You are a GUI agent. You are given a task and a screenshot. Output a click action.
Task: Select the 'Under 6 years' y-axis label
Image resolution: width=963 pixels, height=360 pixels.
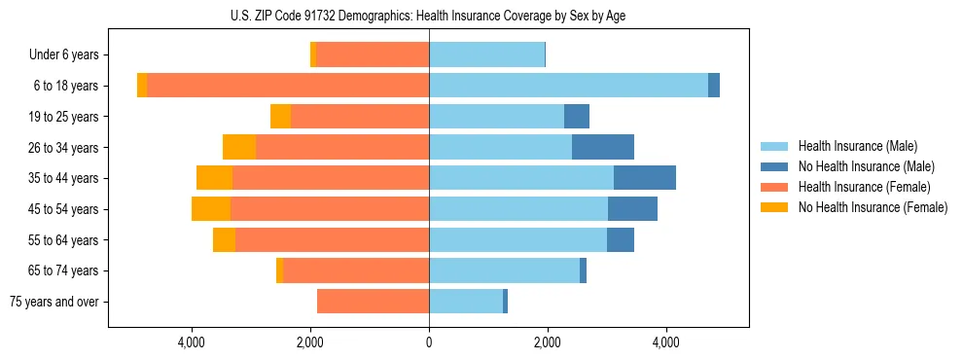(70, 55)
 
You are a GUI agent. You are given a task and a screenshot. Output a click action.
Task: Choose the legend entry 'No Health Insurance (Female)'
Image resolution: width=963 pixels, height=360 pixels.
(873, 207)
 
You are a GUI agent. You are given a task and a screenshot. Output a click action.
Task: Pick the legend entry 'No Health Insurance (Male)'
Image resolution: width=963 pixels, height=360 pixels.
(866, 166)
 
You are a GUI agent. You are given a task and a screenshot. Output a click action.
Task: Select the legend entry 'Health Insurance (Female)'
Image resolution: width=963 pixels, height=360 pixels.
(864, 187)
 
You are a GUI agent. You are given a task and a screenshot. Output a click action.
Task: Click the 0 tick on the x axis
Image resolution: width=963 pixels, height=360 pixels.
(429, 343)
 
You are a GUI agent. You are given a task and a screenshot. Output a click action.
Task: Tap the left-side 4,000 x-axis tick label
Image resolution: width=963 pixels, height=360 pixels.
(192, 343)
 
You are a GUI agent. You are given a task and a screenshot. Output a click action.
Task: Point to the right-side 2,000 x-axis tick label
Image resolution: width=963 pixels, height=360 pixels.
(547, 343)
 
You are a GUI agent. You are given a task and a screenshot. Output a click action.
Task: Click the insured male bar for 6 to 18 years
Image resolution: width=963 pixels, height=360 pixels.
(568, 86)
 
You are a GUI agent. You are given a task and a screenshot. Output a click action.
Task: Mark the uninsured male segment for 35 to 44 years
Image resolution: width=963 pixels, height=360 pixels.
(645, 178)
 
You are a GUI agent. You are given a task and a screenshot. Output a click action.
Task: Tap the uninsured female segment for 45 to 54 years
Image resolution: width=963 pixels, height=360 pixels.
(211, 209)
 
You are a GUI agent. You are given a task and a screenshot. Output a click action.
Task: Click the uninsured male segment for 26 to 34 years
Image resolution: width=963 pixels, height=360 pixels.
(603, 148)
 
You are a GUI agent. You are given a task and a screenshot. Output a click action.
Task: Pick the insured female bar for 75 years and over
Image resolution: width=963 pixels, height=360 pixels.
(374, 302)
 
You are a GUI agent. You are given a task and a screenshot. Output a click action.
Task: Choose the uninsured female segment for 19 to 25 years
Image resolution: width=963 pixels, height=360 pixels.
(280, 117)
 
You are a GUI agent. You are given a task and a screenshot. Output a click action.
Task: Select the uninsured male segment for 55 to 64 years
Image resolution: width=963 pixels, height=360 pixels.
(621, 240)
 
